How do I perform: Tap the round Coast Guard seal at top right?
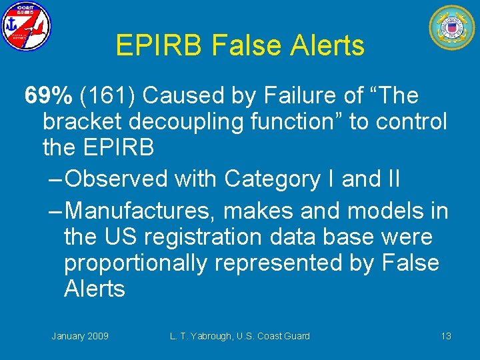click(452, 27)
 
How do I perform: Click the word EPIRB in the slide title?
click(159, 45)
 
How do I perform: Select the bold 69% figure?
click(49, 96)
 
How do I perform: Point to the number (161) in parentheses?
click(107, 96)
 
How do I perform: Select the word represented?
click(291, 263)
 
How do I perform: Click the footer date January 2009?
click(80, 336)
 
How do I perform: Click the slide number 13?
click(446, 336)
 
